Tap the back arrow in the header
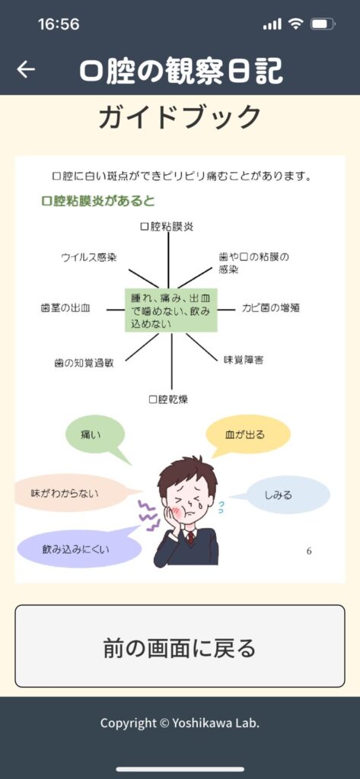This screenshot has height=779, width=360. click(x=26, y=69)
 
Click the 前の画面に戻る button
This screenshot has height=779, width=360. click(x=180, y=646)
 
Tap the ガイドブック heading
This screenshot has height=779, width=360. click(x=180, y=118)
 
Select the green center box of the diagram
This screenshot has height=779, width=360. click(x=171, y=310)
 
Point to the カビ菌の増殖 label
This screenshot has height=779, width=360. click(x=271, y=308)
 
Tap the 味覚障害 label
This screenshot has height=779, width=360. click(x=243, y=360)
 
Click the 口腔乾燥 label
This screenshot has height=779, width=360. click(x=168, y=399)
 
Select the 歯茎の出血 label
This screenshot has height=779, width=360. click(x=65, y=308)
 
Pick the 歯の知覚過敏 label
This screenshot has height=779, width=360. click(x=84, y=363)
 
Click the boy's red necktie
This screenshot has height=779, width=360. click(x=190, y=538)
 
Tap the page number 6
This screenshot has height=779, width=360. click(x=309, y=551)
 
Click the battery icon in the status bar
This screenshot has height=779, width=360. click(x=323, y=24)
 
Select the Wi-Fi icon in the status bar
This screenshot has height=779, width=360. click(x=296, y=24)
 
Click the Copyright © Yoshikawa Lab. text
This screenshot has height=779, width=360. click(x=180, y=723)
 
